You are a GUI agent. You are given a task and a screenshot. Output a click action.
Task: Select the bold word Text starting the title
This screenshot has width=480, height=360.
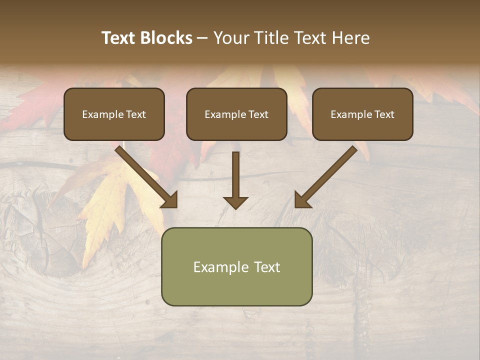click(120, 38)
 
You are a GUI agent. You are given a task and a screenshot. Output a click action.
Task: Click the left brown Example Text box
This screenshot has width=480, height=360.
click(114, 114)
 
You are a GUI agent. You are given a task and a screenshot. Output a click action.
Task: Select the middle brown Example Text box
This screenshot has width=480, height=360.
click(236, 114)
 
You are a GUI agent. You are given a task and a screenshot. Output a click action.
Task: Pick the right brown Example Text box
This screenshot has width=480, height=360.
click(362, 114)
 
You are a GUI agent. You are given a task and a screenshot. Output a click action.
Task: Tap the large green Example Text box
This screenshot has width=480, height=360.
click(236, 267)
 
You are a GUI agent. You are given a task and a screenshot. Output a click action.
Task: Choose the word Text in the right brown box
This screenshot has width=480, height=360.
click(384, 114)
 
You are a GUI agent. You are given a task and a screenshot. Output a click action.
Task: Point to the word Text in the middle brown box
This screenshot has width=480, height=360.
click(258, 114)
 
